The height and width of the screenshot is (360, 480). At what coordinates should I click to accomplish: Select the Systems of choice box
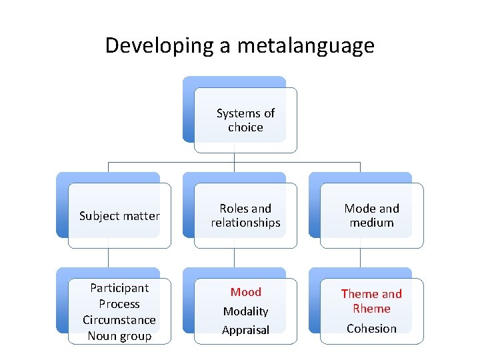coord(245,120)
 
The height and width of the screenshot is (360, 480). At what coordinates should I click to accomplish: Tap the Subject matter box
coord(119,216)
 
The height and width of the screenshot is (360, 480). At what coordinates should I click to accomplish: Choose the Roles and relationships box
coord(245,215)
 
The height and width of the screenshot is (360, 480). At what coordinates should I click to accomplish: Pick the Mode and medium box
coord(371,215)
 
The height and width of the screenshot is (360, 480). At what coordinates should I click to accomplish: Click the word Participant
coord(119,288)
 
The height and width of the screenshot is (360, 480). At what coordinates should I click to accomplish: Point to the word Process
coord(119,304)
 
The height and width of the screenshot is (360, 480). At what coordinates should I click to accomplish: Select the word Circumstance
coord(119,320)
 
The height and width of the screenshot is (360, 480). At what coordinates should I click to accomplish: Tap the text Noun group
coord(119,336)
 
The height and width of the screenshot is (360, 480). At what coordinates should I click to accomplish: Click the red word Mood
coord(245,292)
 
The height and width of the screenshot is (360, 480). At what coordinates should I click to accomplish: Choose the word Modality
coord(245,311)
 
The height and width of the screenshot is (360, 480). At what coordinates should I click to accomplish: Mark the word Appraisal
coord(245,330)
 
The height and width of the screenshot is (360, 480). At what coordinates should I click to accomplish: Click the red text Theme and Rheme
coord(371,301)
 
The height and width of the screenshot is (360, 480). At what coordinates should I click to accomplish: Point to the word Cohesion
coord(371,329)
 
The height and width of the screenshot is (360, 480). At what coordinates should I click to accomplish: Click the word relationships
coord(245,223)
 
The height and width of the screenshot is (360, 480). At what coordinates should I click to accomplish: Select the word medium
coord(371,223)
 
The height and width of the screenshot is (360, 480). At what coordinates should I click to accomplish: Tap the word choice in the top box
coord(245,127)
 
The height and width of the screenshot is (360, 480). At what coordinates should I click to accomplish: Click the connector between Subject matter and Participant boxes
coord(108,258)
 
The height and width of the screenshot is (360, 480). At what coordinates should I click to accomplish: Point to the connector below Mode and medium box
coord(360,258)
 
